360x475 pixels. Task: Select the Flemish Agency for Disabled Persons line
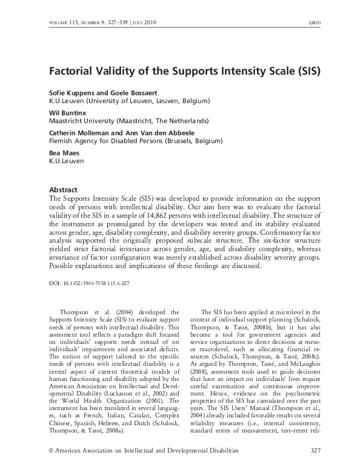(136, 141)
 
